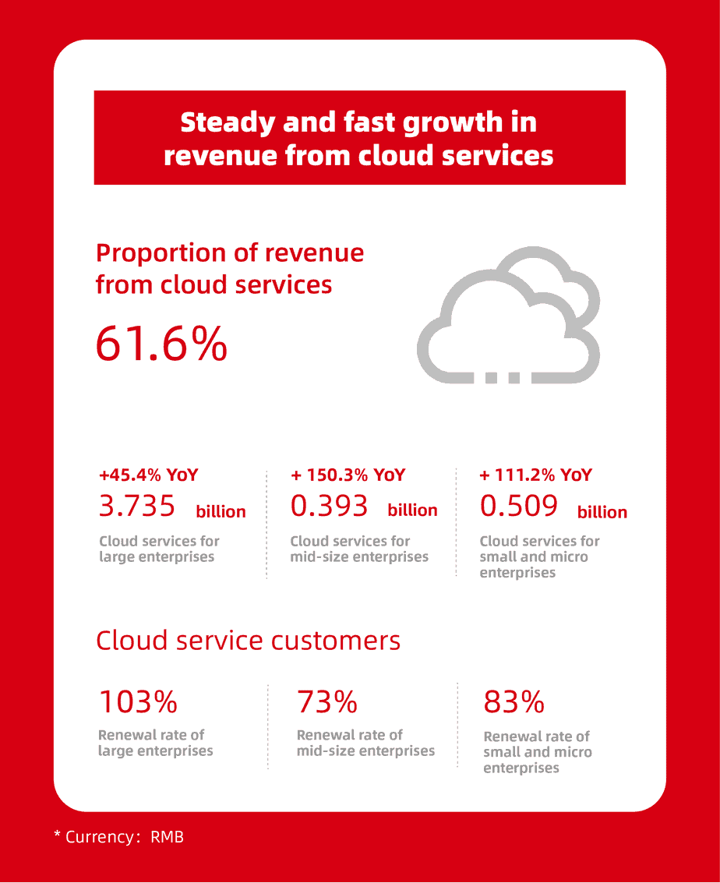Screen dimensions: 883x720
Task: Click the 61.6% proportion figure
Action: coord(161,344)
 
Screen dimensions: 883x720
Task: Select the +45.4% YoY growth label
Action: coord(149,475)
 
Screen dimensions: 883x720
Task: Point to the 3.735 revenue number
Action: coord(137,507)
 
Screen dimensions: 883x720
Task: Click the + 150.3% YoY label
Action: coord(348,475)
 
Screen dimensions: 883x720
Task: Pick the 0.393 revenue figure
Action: coord(329,507)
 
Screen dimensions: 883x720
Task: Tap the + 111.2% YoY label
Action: coord(536,475)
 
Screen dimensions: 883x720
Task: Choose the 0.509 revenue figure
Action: coord(519,507)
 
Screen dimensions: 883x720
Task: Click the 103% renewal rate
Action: coord(138,703)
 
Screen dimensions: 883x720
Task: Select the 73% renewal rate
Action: coord(327,703)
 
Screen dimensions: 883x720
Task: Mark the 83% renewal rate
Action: coord(514,703)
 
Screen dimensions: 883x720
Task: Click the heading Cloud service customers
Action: coord(248,641)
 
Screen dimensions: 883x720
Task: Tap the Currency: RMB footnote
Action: coord(118,837)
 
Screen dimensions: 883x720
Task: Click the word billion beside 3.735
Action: coord(221,511)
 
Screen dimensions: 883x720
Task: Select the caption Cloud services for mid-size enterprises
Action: coord(359,549)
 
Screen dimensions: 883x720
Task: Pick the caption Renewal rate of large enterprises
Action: coord(155,743)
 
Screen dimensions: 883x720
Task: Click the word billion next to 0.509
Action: coord(602,512)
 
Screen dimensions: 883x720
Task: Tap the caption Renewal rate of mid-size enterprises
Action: coord(365,743)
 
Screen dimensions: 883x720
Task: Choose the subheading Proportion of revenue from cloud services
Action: coord(230,269)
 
